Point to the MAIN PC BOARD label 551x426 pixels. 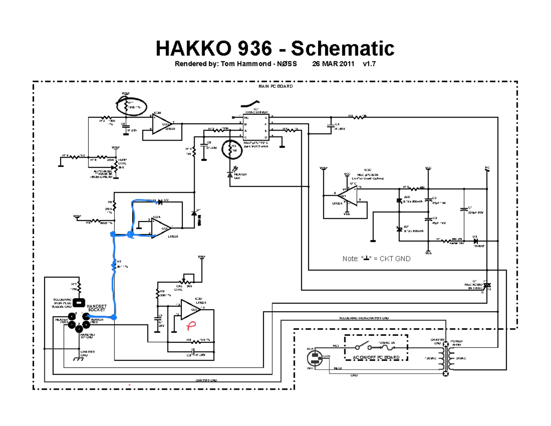click(275, 86)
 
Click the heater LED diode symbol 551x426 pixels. click(230, 174)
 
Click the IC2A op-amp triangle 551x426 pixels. click(161, 227)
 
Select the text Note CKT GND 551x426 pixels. click(377, 259)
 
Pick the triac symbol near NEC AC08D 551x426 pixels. click(488, 285)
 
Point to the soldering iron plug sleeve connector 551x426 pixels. click(79, 303)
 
